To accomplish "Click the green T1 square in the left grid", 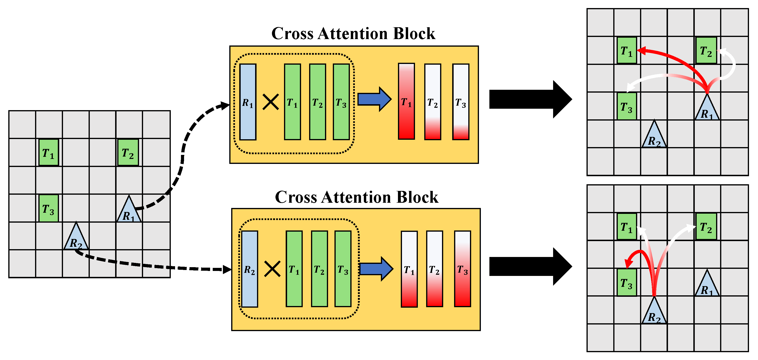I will point(49,152).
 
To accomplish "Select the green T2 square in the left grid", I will point(128,152).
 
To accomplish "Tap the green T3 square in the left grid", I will point(49,208).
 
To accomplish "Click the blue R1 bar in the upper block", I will point(248,102).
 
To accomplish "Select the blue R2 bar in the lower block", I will point(249,269).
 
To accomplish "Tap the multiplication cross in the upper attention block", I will point(271,102).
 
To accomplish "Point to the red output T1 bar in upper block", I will point(406,101).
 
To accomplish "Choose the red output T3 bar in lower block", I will point(462,269).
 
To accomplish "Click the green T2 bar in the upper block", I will point(317,102).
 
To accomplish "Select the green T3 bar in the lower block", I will point(343,269).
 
